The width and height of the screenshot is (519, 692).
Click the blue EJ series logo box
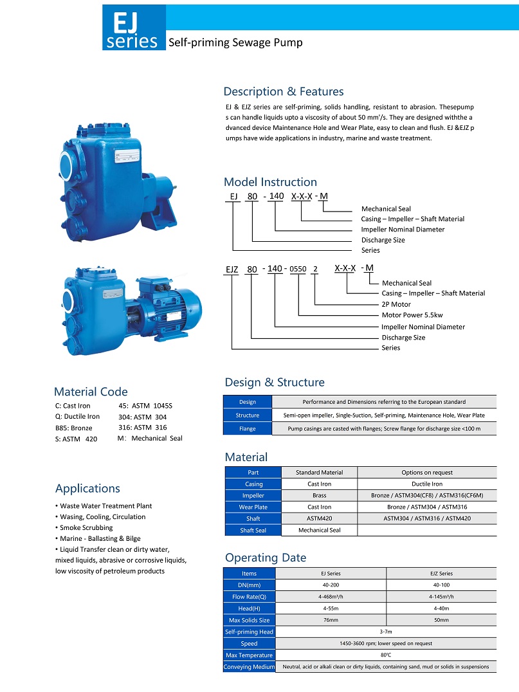(134, 28)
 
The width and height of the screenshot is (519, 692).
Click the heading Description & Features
(283, 91)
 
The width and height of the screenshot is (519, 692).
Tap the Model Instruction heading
(270, 182)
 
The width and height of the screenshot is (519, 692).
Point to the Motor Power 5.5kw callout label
(412, 315)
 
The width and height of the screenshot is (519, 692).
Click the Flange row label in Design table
(248, 429)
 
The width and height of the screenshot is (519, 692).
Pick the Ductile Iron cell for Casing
(426, 484)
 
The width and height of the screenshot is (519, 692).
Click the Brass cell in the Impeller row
(319, 496)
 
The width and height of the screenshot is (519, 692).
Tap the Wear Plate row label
(253, 507)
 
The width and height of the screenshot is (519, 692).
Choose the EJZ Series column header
(441, 574)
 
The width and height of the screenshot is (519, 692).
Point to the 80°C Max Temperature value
(386, 655)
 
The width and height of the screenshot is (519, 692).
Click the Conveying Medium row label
(250, 667)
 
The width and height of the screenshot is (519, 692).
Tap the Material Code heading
(91, 392)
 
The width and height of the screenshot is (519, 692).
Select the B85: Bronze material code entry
(75, 428)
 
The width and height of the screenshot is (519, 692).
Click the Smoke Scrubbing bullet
(86, 527)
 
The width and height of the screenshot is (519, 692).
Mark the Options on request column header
(426, 473)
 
